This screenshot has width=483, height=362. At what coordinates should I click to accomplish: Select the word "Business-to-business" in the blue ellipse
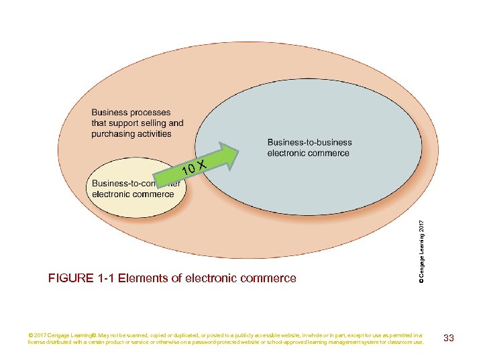pos(309,142)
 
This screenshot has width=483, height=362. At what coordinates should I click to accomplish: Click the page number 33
pos(449,338)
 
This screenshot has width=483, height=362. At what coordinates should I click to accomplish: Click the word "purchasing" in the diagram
pos(114,134)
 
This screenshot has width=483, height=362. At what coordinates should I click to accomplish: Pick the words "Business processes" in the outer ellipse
pos(131,113)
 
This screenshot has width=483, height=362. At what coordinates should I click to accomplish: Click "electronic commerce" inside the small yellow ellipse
pos(133,194)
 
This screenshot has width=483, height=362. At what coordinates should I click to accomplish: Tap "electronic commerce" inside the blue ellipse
pos(308,153)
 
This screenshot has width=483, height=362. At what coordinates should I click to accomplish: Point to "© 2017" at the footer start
pos(38,335)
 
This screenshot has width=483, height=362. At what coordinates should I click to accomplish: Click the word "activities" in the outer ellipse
pos(155,134)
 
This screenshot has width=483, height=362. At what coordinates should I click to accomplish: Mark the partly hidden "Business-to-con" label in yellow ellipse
pos(121,184)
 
